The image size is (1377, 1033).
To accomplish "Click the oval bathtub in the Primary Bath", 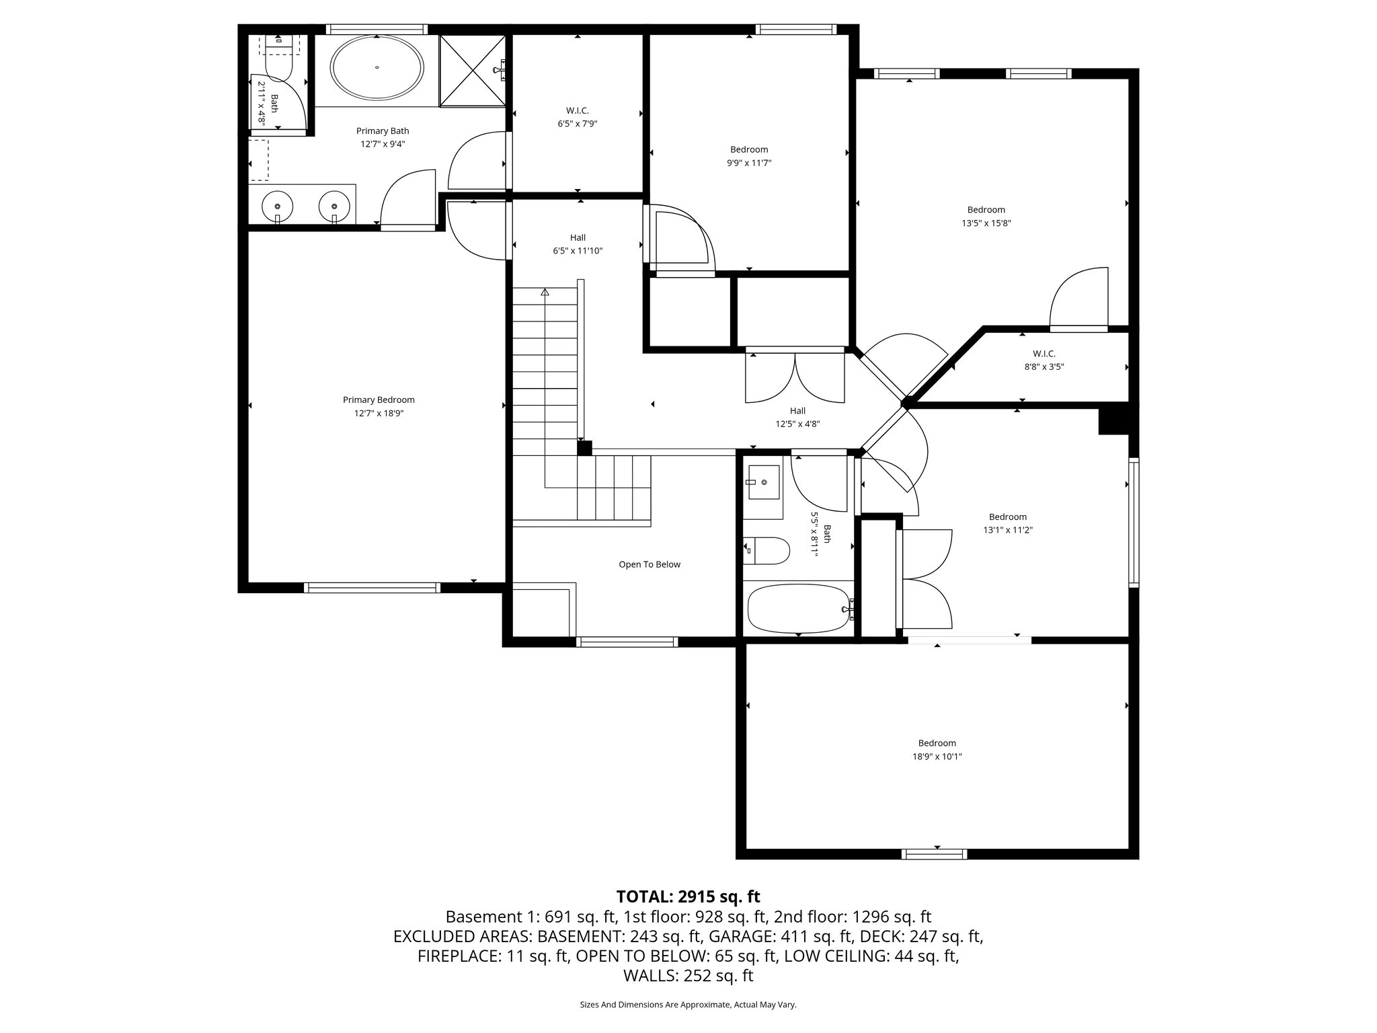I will [x=377, y=68].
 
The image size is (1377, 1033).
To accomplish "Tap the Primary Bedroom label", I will [x=379, y=400].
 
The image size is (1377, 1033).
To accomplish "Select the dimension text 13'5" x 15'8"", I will [x=986, y=223].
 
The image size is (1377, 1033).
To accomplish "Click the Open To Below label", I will [x=650, y=565].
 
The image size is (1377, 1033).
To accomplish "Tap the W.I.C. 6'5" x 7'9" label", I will [x=577, y=117].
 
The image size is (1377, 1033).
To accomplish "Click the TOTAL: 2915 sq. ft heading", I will [x=688, y=896].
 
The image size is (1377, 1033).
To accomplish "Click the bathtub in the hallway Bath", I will [x=797, y=609].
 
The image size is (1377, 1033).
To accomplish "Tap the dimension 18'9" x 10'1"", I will [x=937, y=757].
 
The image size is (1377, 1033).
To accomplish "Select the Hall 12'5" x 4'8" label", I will [x=797, y=417].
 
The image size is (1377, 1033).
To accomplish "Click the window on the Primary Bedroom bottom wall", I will [x=372, y=588].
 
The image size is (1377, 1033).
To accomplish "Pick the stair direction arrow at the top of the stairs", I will [x=545, y=292].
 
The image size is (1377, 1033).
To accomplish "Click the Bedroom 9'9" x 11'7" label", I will [x=748, y=156].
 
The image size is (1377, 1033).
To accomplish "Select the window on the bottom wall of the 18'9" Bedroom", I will [x=934, y=854].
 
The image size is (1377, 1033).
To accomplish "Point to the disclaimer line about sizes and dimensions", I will [x=688, y=1005].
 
